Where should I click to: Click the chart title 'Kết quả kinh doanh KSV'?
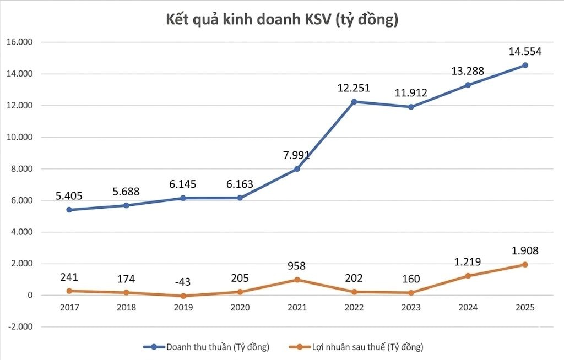point(282,20)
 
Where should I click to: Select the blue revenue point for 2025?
point(525,65)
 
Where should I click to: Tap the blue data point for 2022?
point(354,101)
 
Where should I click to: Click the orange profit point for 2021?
point(297,280)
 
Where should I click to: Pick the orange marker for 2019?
point(183,296)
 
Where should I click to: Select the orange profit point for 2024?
point(468,276)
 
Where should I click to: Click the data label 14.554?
point(525,52)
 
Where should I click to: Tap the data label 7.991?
point(297,155)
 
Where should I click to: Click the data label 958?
point(297,266)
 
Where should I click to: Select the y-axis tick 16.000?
point(20,42)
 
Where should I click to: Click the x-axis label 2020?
point(240,308)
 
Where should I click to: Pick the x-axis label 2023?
point(411,308)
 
